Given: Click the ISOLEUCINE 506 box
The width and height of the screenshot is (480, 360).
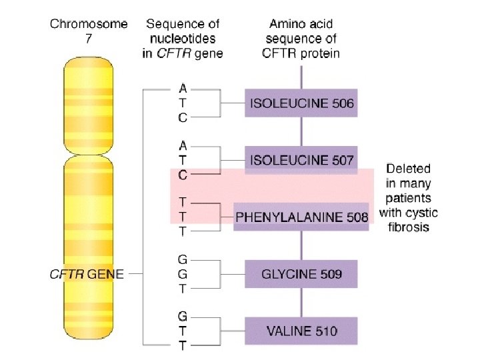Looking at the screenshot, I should point(301,103).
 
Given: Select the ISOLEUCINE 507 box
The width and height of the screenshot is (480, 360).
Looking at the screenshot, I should point(301,160).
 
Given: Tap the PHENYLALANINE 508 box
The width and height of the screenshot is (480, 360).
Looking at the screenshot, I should point(301,217).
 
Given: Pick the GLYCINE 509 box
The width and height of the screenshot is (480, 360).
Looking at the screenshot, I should point(301,273).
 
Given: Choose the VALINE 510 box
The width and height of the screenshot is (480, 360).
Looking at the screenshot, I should point(301,331).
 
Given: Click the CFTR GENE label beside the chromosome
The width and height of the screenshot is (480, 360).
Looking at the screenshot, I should point(87,273).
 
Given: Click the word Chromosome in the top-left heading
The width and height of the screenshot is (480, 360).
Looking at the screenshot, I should point(88,25).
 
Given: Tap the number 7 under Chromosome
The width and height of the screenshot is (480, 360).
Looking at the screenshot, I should point(88,39).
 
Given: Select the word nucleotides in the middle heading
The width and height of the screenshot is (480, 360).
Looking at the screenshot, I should point(183,39).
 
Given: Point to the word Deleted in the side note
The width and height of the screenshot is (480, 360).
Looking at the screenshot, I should point(409,169).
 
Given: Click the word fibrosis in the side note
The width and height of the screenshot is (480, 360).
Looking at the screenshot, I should point(409,227).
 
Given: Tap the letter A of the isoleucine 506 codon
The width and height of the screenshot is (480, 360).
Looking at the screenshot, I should point(183,87).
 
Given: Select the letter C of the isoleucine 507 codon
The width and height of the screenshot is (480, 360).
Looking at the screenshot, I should point(183,175).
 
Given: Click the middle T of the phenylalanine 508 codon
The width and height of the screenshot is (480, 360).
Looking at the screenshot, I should point(183,216).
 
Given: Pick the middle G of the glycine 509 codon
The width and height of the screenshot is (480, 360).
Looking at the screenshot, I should point(183,273).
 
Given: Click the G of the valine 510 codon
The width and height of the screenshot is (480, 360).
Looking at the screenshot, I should point(183,315).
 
